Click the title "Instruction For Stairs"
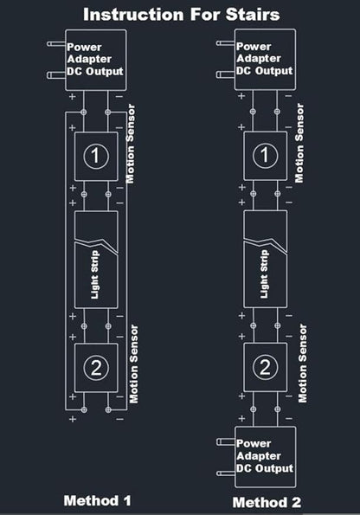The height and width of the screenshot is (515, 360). [x=182, y=15]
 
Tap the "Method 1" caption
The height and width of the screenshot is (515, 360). [x=98, y=500]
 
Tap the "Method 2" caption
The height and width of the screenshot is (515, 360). [x=267, y=502]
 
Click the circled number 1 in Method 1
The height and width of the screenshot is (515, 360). [x=96, y=156]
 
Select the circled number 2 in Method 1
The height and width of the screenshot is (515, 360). [x=96, y=368]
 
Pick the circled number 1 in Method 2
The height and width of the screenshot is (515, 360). [x=265, y=155]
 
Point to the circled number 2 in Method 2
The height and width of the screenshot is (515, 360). [x=265, y=367]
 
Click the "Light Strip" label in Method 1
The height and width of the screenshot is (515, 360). [x=94, y=274]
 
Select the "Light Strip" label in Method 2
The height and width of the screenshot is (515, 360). [x=264, y=274]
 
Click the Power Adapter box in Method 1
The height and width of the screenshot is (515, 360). [x=95, y=60]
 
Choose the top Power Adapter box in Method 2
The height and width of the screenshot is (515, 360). [x=265, y=60]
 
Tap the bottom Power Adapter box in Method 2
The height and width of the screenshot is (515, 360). [x=265, y=457]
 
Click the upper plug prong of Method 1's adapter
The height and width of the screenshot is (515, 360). [x=56, y=43]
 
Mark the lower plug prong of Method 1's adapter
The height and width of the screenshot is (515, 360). [x=56, y=75]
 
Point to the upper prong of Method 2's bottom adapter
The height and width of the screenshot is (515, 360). [x=226, y=442]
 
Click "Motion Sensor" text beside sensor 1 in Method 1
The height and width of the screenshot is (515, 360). [x=131, y=144]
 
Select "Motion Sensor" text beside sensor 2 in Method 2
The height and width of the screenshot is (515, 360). [x=303, y=364]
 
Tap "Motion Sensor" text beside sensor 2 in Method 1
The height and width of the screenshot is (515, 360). [x=133, y=364]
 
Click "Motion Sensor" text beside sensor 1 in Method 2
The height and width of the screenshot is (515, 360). [x=299, y=143]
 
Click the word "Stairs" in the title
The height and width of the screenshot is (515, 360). [x=253, y=15]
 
